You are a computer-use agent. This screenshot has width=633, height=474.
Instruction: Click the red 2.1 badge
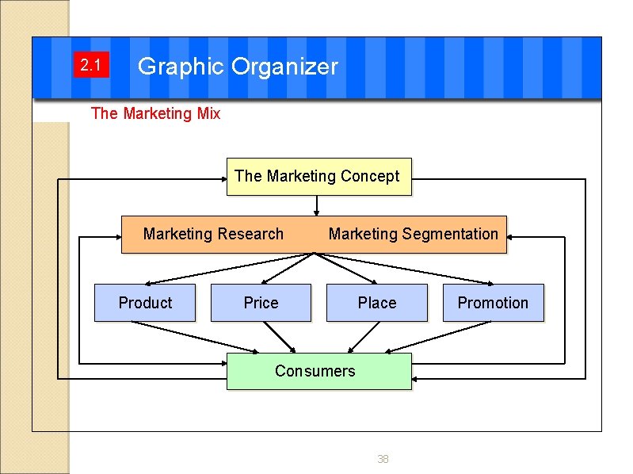click(90, 66)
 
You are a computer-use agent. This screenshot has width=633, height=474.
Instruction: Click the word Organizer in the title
click(284, 67)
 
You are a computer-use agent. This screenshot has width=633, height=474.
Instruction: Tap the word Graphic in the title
click(181, 67)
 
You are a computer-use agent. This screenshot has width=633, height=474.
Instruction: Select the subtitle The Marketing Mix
click(155, 113)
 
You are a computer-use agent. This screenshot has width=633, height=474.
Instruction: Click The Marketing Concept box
click(318, 176)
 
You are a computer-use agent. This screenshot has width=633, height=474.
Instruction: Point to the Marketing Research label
click(213, 234)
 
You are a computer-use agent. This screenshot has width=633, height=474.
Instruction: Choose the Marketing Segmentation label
click(413, 234)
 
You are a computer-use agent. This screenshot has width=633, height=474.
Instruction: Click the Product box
click(145, 303)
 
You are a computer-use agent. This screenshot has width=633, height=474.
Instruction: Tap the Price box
click(261, 303)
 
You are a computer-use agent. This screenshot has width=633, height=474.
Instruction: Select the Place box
click(377, 303)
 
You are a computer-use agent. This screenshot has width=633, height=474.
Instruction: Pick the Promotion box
click(493, 303)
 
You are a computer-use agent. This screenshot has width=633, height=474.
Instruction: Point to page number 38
click(383, 459)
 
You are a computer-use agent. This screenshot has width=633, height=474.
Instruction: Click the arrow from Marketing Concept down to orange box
click(317, 205)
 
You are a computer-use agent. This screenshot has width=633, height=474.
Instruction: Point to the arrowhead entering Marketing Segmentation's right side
click(512, 236)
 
